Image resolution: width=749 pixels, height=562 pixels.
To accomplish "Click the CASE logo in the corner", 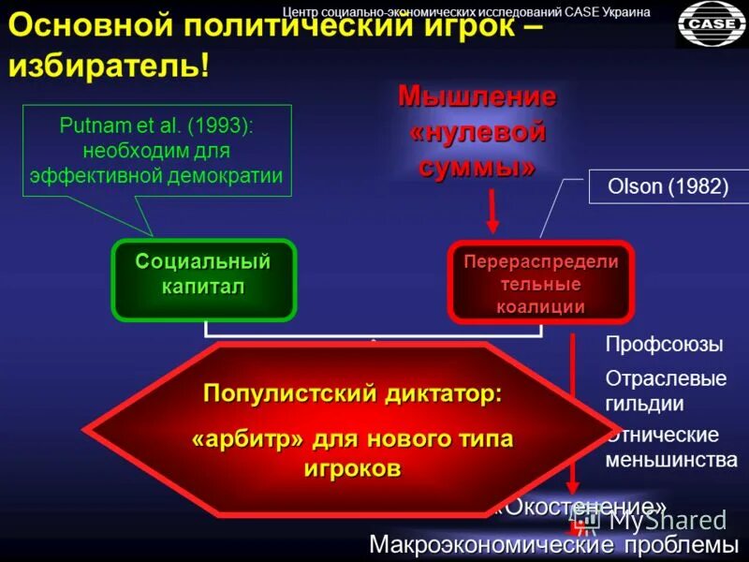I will pyautogui.click(x=712, y=23).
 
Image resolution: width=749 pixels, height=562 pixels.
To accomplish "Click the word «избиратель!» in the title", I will pyautogui.click(x=110, y=67).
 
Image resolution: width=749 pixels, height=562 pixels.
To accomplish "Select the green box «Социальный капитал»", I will pyautogui.click(x=203, y=274).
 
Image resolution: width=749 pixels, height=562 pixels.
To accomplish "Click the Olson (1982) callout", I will pyautogui.click(x=668, y=186).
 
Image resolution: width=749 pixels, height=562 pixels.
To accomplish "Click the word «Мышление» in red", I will pyautogui.click(x=477, y=96).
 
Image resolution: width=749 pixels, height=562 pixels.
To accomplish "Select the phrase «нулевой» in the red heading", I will pyautogui.click(x=477, y=132).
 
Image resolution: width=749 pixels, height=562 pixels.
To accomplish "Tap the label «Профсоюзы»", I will pyautogui.click(x=664, y=345).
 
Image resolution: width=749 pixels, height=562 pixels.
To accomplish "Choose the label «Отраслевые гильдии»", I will pyautogui.click(x=666, y=392).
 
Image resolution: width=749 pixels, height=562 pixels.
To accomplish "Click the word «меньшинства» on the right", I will pyautogui.click(x=671, y=460).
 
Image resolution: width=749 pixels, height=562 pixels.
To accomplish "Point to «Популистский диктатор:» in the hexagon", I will pyautogui.click(x=353, y=394).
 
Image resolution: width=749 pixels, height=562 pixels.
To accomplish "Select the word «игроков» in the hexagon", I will pyautogui.click(x=353, y=469).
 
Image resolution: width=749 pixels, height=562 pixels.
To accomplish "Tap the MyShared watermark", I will pyautogui.click(x=667, y=521).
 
